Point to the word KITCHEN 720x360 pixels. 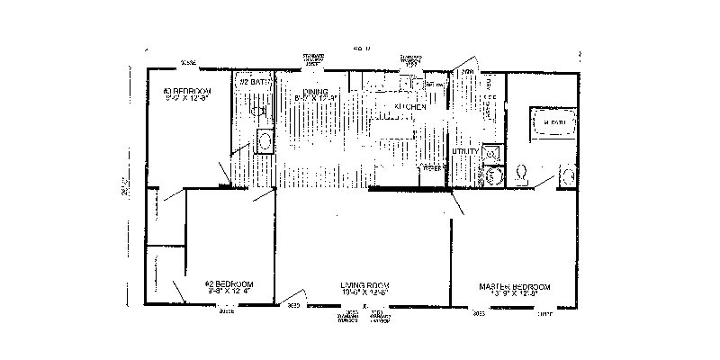click(x=409, y=106)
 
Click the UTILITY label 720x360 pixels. click(x=464, y=151)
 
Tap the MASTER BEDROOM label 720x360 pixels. click(x=514, y=286)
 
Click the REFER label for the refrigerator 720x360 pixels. click(x=434, y=167)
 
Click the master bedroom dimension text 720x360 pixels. click(x=514, y=294)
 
